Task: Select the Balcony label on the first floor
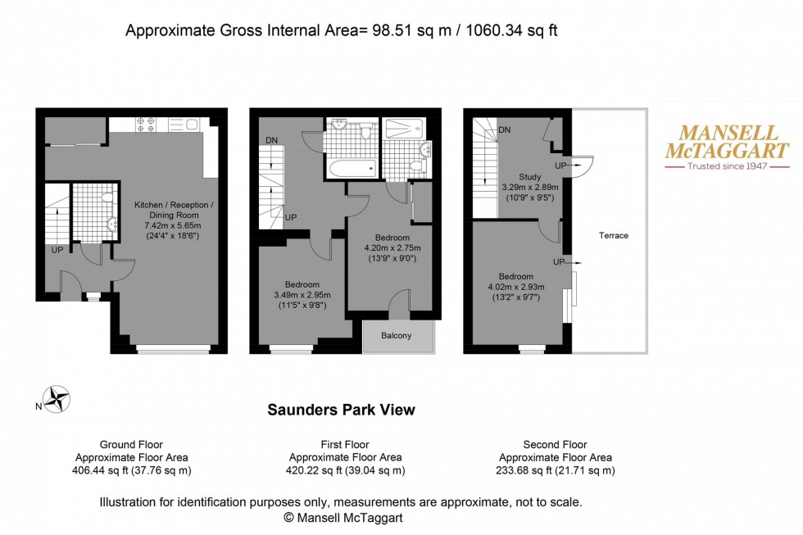tap(397, 336)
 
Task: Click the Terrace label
tap(613, 235)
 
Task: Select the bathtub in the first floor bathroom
tap(351, 170)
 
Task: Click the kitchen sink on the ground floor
tap(190, 125)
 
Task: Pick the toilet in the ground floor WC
tap(107, 197)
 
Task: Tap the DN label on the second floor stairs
tap(505, 129)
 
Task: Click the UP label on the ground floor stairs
tap(57, 249)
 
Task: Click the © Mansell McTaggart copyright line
tap(343, 517)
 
